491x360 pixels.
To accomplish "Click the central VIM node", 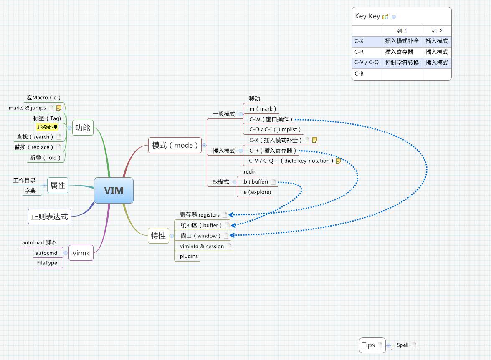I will [x=114, y=191].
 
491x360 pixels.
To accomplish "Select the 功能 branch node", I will [x=82, y=128].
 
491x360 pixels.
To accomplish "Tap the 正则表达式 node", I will [x=49, y=217].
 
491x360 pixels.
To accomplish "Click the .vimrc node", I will [x=81, y=253].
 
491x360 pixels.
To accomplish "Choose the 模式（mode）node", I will [x=175, y=145].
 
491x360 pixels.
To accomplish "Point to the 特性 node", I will [x=158, y=236].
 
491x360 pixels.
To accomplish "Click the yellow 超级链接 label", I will [x=47, y=127].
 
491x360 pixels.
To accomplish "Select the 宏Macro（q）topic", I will [x=44, y=98].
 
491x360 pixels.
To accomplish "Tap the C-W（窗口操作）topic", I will [x=271, y=119].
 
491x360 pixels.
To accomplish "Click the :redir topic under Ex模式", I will [x=249, y=172].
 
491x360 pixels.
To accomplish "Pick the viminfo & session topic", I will [x=202, y=246].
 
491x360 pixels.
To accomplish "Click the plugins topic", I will [x=189, y=256].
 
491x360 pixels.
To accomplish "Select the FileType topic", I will [x=47, y=263].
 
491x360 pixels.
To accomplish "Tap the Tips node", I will [x=368, y=345].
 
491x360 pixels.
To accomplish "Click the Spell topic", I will [x=402, y=345].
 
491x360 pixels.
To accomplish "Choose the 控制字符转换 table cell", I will [x=402, y=63].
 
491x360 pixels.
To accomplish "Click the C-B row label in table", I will [x=359, y=74].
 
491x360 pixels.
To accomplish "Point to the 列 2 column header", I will [x=437, y=31].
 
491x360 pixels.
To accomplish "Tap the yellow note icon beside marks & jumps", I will [x=59, y=108].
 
